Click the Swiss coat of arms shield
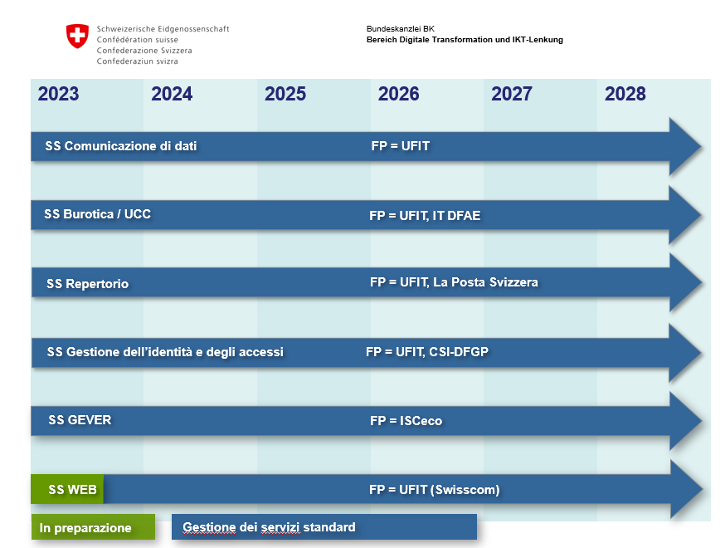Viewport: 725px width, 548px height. click(77, 36)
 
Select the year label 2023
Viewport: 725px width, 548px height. click(58, 94)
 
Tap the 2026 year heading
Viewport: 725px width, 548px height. click(398, 94)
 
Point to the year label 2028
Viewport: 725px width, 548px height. click(625, 94)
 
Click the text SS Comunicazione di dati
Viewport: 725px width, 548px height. click(121, 146)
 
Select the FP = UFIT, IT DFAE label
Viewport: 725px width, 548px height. click(425, 215)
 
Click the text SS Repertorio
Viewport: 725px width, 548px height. click(87, 283)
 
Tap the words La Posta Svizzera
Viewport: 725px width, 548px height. click(485, 281)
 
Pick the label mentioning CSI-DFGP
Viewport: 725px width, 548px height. click(426, 352)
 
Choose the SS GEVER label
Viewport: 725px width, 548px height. click(80, 420)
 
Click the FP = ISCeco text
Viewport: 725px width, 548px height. click(406, 420)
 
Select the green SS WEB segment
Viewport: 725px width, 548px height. click(67, 489)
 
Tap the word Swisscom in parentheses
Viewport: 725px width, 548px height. click(465, 490)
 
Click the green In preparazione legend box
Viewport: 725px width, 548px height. click(93, 526)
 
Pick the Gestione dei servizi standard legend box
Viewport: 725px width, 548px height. click(324, 526)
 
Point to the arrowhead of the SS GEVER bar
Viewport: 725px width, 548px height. click(685, 421)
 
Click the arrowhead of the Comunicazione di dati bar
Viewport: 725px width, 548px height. click(685, 147)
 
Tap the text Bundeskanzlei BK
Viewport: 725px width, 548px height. click(401, 29)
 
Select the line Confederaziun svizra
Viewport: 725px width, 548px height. click(138, 61)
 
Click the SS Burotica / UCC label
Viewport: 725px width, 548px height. click(98, 214)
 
